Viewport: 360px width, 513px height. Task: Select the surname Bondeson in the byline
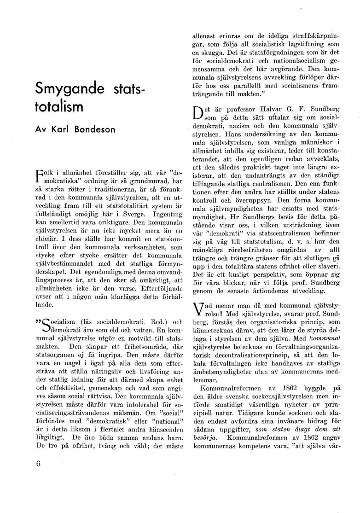click(94, 130)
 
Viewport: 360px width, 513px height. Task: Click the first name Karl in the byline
click(62, 130)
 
